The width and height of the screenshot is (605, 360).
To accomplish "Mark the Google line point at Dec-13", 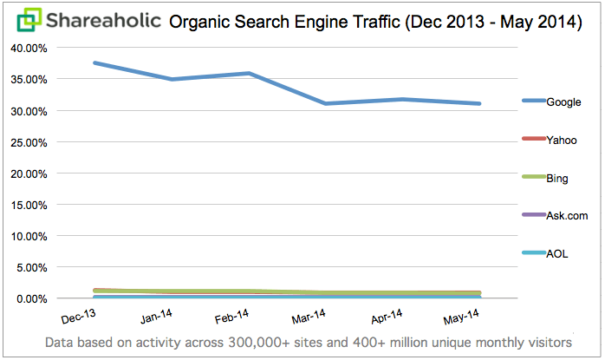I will point(94,63).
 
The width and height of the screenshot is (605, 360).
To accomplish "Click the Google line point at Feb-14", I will point(249,74).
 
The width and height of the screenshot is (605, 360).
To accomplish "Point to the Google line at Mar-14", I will point(326,103).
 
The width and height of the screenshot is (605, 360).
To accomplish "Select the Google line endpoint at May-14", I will point(479,103).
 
